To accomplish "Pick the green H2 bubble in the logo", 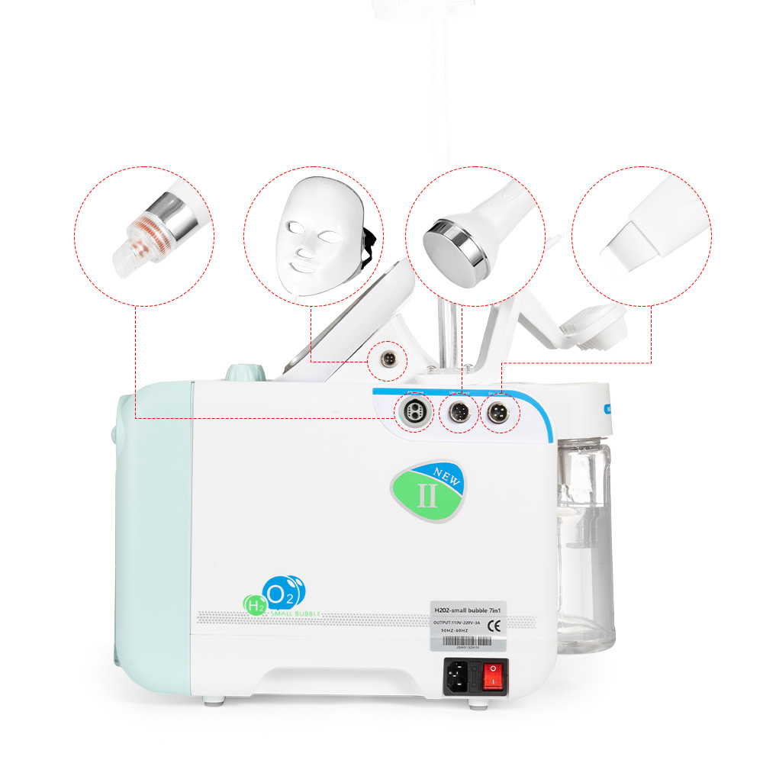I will point(255,606).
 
